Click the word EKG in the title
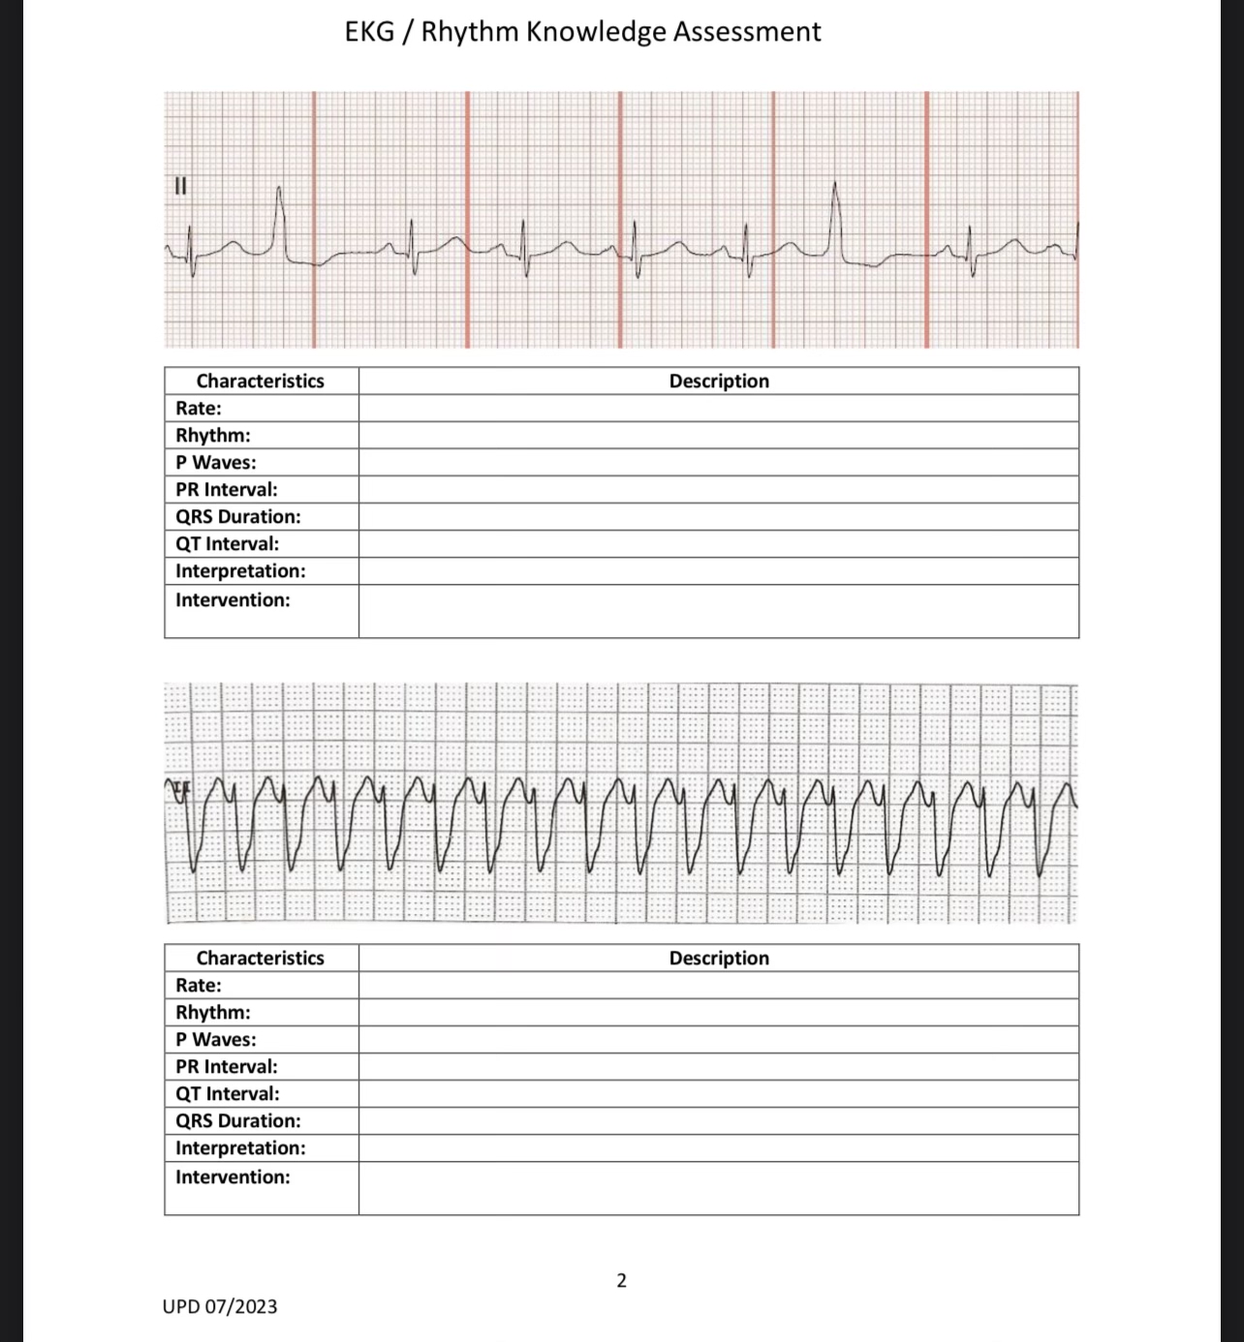tap(369, 32)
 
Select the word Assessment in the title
tap(747, 32)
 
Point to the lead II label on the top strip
tap(180, 186)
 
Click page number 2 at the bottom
tap(621, 1280)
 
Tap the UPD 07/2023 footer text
tap(220, 1306)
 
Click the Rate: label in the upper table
tap(199, 409)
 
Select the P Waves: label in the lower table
tap(216, 1040)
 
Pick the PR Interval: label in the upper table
tap(227, 490)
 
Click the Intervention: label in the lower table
tap(233, 1177)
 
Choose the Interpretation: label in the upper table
tap(240, 571)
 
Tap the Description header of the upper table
tap(719, 381)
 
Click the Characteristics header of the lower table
tap(261, 959)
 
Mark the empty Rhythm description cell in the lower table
tap(719, 1013)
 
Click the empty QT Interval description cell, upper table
tap(719, 544)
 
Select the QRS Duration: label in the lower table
tap(238, 1121)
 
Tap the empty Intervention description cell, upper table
tap(719, 611)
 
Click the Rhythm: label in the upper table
tap(213, 436)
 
